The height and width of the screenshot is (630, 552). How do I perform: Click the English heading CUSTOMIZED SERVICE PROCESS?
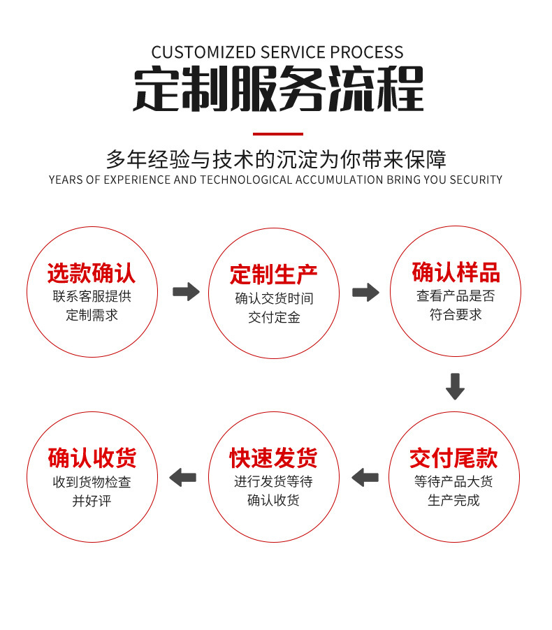click(277, 52)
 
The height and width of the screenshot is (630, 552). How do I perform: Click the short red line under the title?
click(277, 133)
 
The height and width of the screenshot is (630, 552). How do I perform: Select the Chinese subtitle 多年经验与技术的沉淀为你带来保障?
click(276, 159)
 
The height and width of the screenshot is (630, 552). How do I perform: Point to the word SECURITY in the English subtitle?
click(476, 180)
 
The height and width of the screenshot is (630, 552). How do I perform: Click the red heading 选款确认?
click(92, 272)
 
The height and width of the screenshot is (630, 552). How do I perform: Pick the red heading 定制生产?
click(274, 274)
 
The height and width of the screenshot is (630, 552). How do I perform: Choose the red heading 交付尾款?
click(454, 458)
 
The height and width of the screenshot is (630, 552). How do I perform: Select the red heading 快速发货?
click(274, 458)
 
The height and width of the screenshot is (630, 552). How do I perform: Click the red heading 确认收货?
click(92, 458)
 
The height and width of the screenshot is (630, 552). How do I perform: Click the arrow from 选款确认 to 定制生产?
click(186, 291)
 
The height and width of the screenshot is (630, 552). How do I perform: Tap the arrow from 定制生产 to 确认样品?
click(365, 292)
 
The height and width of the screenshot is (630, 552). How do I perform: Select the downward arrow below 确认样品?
click(455, 386)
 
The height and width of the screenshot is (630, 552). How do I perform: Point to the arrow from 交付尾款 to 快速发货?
click(365, 478)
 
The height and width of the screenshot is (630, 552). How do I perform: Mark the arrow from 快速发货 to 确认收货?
click(183, 478)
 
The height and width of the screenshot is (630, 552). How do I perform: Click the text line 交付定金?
click(274, 317)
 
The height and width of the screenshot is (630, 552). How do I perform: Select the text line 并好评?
click(92, 501)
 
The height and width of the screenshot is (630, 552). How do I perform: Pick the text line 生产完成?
click(454, 501)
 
